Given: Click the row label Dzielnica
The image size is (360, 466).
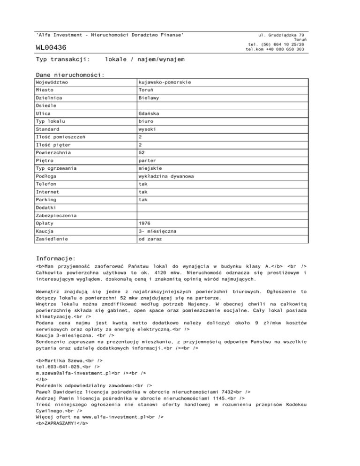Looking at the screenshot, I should point(51,99).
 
